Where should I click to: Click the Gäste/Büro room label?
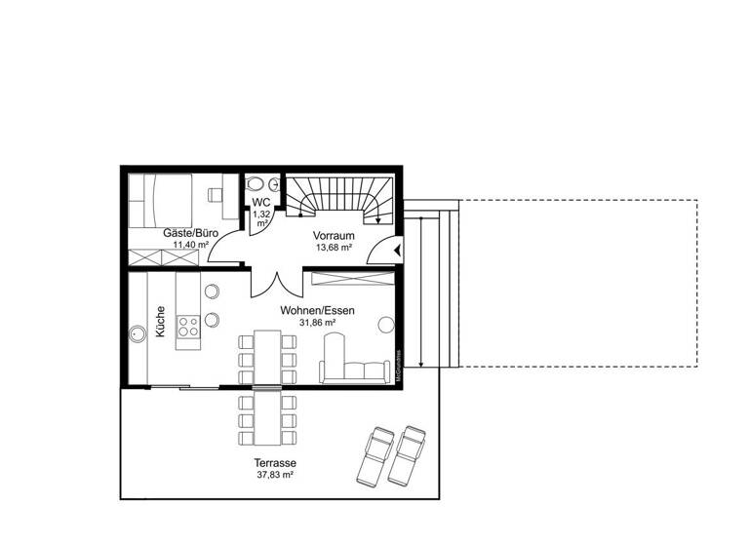tap(190, 234)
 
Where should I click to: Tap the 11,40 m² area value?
tap(190, 246)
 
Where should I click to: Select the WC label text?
tap(260, 202)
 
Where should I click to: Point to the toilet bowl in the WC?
tap(256, 183)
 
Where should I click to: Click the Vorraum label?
tap(333, 236)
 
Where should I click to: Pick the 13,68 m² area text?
tap(333, 248)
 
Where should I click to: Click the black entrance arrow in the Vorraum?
tap(398, 251)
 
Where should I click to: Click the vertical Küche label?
tap(161, 323)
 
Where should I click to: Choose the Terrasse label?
tap(275, 463)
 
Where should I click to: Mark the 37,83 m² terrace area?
tap(275, 476)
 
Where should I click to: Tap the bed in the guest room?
tap(166, 198)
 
